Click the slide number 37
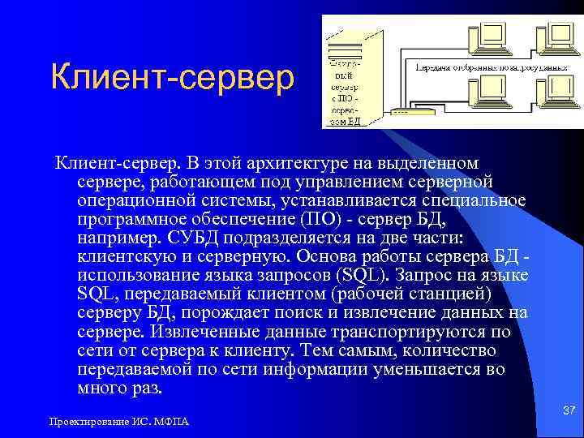point(569,412)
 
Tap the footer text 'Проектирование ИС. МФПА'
point(118,423)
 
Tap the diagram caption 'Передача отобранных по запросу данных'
point(490,68)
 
